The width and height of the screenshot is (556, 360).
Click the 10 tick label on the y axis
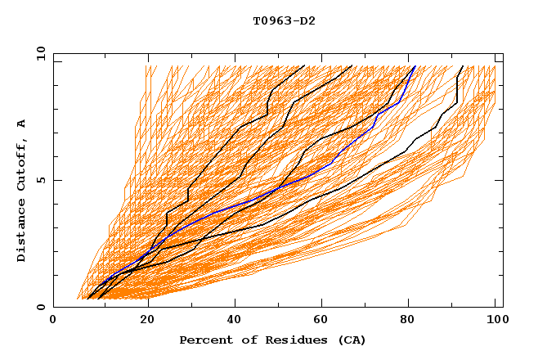coord(39,52)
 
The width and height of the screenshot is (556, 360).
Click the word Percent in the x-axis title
coord(204,340)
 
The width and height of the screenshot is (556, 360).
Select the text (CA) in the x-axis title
coord(352,340)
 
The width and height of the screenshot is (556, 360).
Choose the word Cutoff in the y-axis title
coord(22,164)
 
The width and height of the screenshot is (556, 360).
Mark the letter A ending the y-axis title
coord(22,124)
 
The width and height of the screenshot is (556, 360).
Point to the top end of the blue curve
coord(415,66)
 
